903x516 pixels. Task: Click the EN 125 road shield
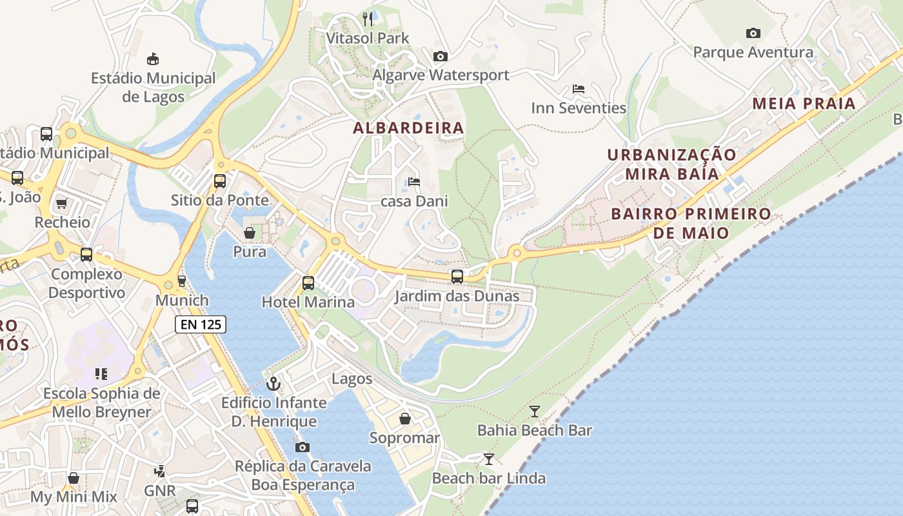[201, 324]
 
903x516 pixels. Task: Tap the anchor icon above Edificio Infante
[274, 384]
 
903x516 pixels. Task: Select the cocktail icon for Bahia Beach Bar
[535, 411]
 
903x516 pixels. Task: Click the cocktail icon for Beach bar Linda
[489, 459]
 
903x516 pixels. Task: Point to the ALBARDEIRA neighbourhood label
[408, 128]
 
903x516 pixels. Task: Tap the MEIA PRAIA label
[804, 103]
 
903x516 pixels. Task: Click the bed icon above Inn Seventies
[579, 89]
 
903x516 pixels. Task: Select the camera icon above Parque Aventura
[753, 33]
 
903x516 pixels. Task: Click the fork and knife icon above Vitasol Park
[368, 19]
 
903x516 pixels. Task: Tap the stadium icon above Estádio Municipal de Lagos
[153, 59]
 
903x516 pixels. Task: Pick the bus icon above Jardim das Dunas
[457, 277]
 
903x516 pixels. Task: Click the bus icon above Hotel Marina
[308, 283]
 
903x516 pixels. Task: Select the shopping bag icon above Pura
[250, 232]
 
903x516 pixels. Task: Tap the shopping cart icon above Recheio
[62, 204]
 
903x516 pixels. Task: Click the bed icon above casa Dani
[414, 182]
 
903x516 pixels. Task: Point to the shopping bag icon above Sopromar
[405, 419]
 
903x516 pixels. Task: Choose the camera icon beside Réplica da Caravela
[303, 447]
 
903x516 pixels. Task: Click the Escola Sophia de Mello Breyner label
[101, 402]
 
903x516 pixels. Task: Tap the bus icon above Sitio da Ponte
[220, 181]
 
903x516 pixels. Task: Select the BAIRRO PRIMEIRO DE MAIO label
[691, 223]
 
